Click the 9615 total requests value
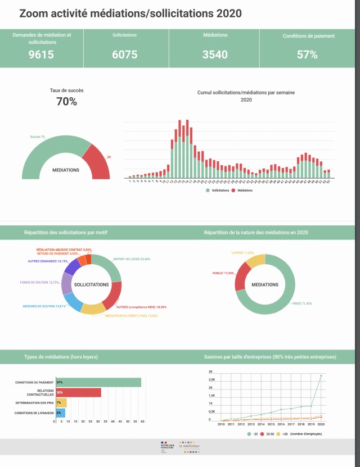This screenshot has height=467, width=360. pyautogui.click(x=42, y=55)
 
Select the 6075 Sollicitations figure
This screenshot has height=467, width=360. pyautogui.click(x=124, y=55)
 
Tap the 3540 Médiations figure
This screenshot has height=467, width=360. pyautogui.click(x=215, y=55)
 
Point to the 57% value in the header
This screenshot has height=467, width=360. pyautogui.click(x=307, y=55)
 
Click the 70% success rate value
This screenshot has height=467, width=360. pyautogui.click(x=66, y=102)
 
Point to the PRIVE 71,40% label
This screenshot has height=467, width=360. pyautogui.click(x=302, y=303)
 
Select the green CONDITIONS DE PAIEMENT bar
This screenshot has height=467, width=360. pyautogui.click(x=98, y=382)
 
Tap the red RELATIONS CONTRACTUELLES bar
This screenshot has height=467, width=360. pyautogui.click(x=78, y=392)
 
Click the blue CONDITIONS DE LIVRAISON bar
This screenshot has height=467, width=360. pyautogui.click(x=60, y=412)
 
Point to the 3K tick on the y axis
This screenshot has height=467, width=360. pyautogui.click(x=211, y=372)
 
